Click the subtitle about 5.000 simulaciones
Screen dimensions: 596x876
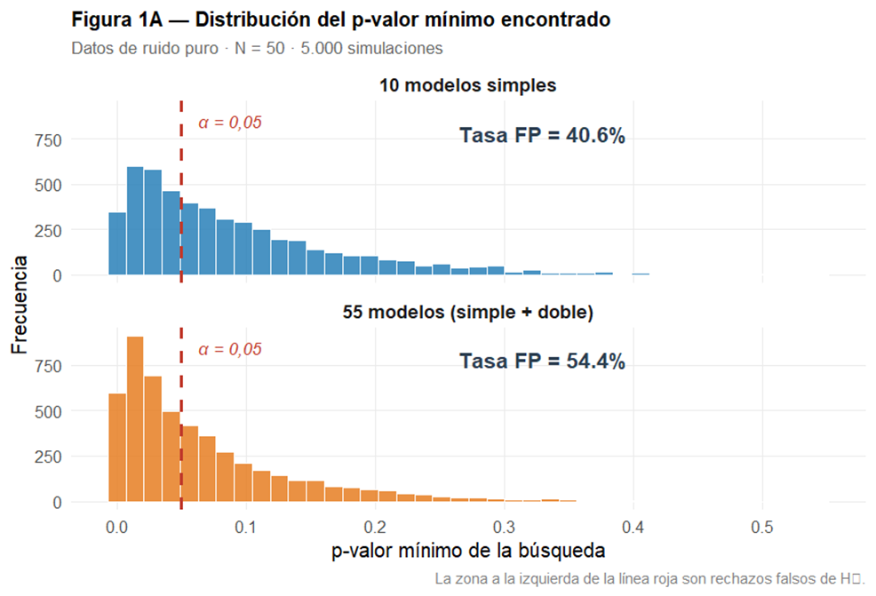[257, 49]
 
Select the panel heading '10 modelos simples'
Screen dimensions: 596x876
[467, 86]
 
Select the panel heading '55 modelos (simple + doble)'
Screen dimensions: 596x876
[467, 313]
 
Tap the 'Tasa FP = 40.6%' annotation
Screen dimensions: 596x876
[542, 136]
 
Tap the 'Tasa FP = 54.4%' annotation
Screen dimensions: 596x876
[542, 362]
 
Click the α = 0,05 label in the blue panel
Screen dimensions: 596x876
[229, 123]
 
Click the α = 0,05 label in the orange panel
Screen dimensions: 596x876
[229, 350]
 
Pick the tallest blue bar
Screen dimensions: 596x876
[135, 221]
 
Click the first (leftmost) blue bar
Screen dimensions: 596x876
[117, 244]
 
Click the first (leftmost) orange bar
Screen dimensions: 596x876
[117, 448]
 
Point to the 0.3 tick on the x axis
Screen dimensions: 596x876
[504, 526]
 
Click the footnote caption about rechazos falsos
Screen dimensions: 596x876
[649, 578]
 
